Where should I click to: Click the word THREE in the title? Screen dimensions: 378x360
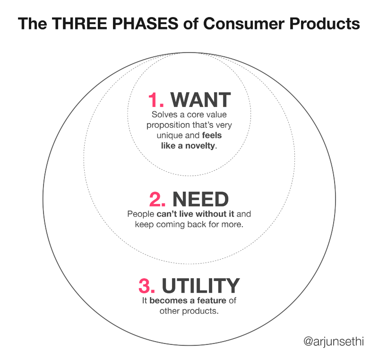click(79, 23)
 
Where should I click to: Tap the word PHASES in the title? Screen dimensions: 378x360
click(145, 23)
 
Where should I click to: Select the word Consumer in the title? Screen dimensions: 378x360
click(244, 23)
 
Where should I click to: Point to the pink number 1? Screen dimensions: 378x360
click(156, 100)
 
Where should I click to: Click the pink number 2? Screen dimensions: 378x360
click(157, 199)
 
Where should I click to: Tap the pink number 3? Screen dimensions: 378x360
click(147, 285)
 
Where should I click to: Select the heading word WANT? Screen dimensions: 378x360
click(200, 100)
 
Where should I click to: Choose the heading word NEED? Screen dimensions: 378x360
click(200, 199)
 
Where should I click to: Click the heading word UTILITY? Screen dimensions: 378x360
click(200, 285)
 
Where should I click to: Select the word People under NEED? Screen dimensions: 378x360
click(140, 214)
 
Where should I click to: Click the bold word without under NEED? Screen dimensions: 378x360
click(211, 214)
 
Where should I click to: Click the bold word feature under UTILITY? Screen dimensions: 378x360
click(211, 300)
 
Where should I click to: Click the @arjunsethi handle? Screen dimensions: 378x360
click(334, 342)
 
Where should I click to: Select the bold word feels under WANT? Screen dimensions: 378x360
click(212, 135)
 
